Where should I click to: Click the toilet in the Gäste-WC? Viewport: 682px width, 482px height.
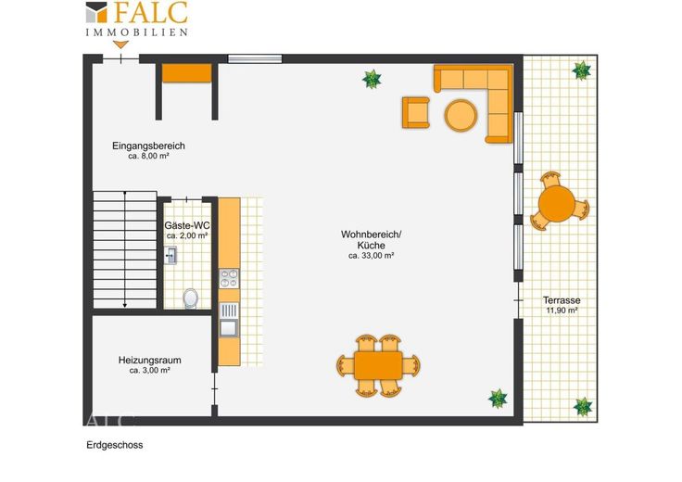(x=191, y=298)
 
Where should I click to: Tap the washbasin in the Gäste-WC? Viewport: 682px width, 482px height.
(x=170, y=255)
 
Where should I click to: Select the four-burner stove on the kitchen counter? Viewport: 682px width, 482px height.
(x=229, y=278)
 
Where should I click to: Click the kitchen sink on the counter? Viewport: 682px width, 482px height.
(x=229, y=320)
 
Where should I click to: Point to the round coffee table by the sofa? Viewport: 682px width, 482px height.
(x=461, y=115)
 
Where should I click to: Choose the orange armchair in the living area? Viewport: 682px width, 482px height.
(x=416, y=113)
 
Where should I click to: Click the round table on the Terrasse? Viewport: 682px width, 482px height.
(x=556, y=204)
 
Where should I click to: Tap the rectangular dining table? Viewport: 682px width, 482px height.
(x=378, y=365)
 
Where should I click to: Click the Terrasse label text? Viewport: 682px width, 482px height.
(x=562, y=300)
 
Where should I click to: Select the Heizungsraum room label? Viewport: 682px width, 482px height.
(x=149, y=361)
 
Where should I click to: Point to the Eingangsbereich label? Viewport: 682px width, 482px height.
(x=149, y=146)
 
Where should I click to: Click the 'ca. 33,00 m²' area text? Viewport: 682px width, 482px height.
(x=371, y=256)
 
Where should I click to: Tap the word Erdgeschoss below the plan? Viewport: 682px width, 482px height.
(x=115, y=445)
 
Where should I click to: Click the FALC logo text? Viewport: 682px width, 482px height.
(x=150, y=12)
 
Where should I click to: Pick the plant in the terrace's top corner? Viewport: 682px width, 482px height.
(x=581, y=70)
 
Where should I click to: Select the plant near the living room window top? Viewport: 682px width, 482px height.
(x=372, y=79)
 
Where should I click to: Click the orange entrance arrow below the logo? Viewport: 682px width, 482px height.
(x=120, y=44)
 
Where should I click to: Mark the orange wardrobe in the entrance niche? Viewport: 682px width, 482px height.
(x=187, y=73)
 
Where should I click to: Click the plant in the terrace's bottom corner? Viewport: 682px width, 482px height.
(x=583, y=407)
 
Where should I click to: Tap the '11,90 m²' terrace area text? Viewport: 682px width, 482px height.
(x=562, y=311)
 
